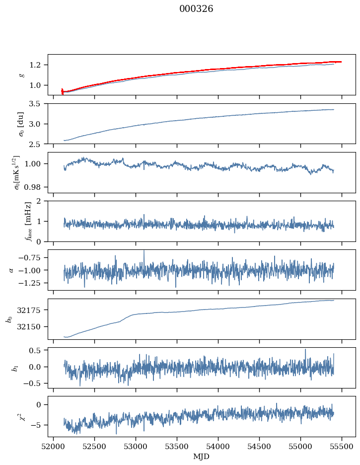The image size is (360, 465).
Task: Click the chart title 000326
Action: (196, 9)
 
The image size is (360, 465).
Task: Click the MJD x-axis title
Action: (202, 457)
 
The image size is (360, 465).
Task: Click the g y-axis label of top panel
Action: (21, 75)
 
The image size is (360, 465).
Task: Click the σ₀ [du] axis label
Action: (21, 123)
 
